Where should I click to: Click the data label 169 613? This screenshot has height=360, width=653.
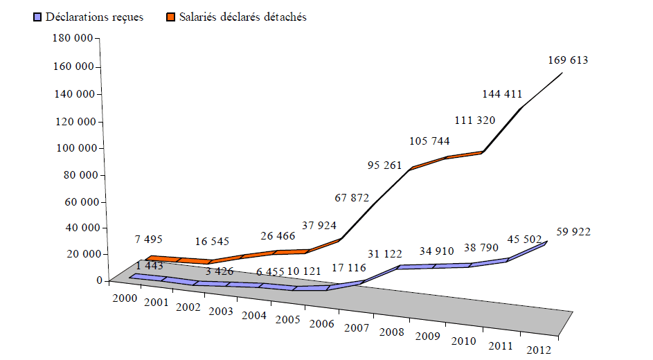(x=567, y=60)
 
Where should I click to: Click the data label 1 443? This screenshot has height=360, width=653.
(x=150, y=266)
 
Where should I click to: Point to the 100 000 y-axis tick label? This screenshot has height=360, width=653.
(x=73, y=148)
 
